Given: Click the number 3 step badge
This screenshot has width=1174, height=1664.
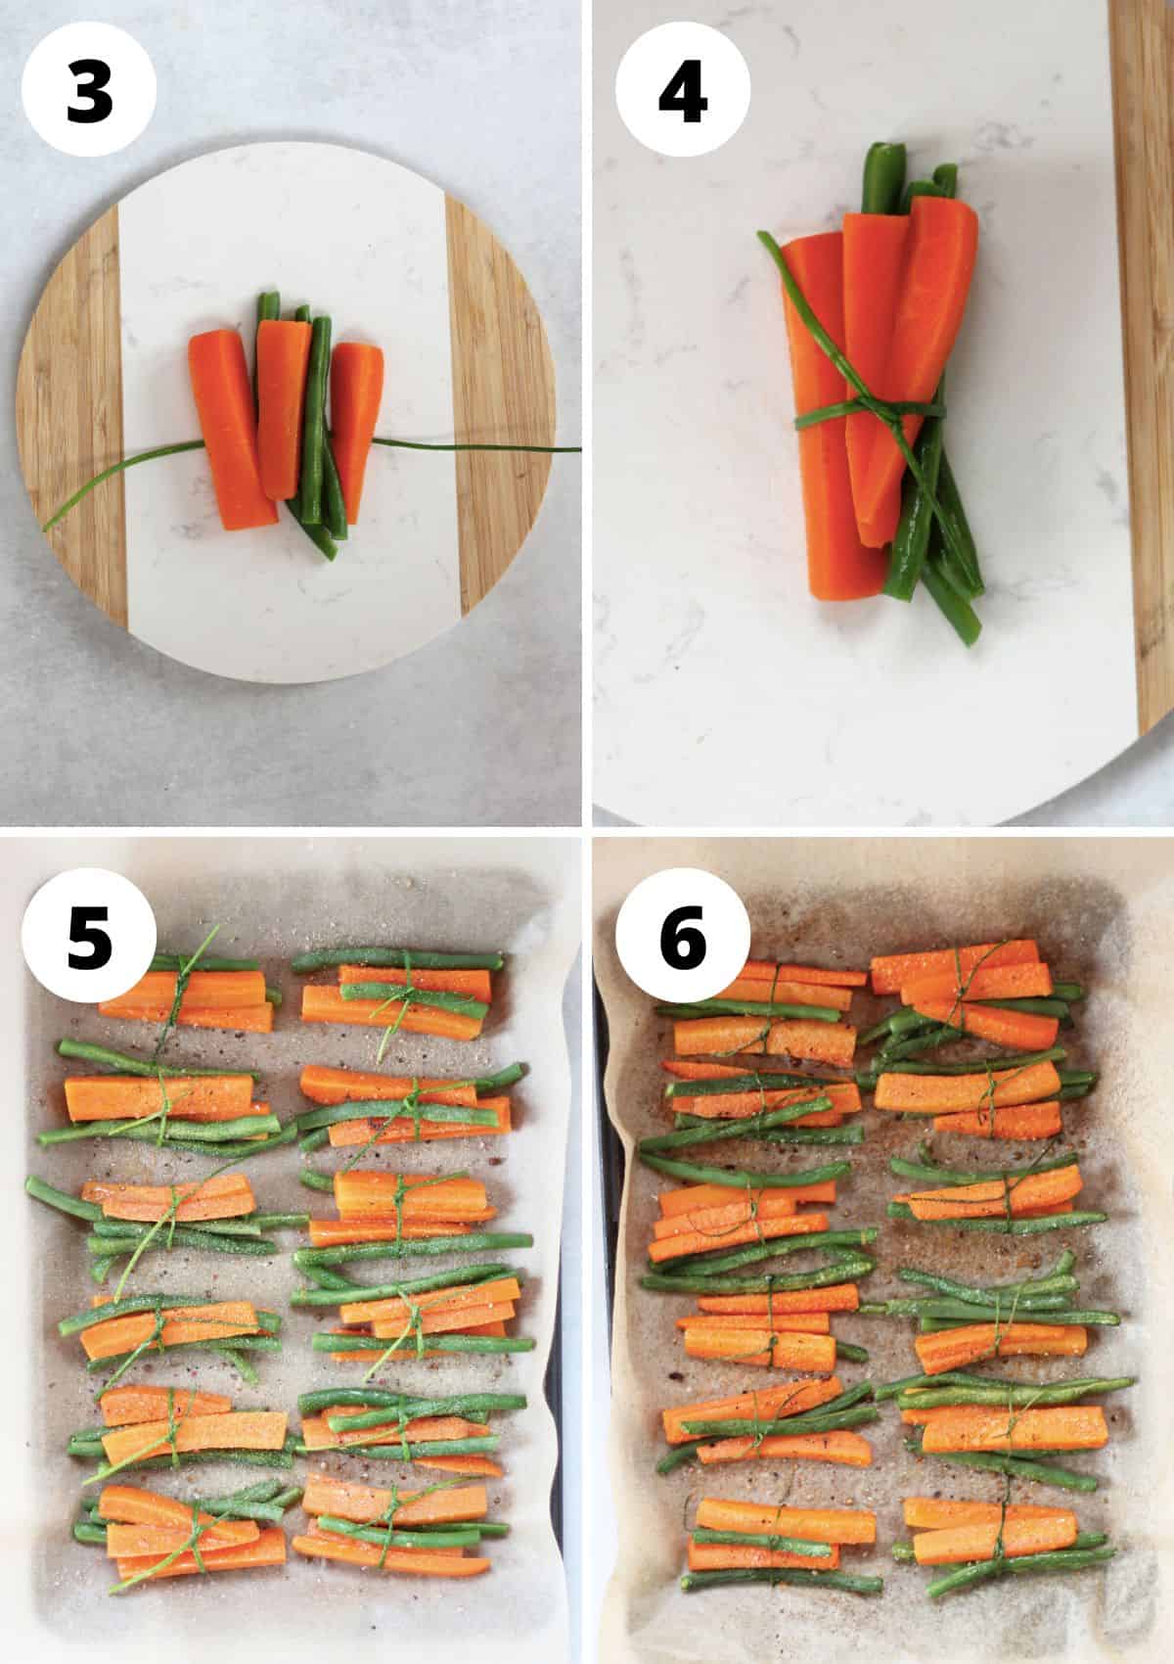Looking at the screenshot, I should click(x=89, y=93).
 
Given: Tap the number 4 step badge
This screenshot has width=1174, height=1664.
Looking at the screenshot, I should click(x=682, y=93).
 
